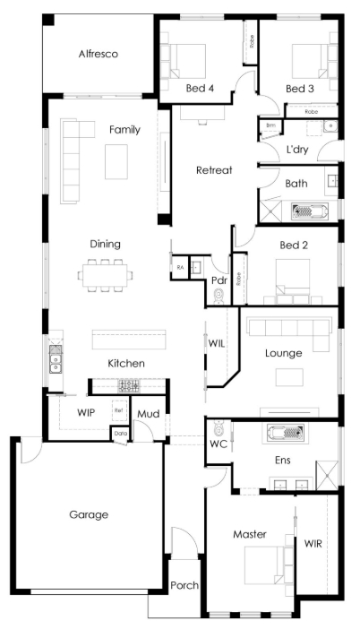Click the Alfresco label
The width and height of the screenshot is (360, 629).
click(x=98, y=54)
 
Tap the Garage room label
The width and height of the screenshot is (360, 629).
click(x=89, y=514)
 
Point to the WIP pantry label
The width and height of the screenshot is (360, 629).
click(x=86, y=413)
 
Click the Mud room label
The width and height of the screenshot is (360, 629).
click(x=148, y=415)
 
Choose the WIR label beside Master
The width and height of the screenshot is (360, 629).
click(x=313, y=543)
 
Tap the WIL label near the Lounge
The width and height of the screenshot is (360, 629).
click(x=216, y=344)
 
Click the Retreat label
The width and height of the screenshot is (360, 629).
click(x=215, y=169)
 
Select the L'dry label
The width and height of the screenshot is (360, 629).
click(x=297, y=150)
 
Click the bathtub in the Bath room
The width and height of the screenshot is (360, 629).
click(x=311, y=211)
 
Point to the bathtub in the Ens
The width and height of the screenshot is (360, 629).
click(x=286, y=434)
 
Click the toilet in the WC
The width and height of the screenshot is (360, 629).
click(x=217, y=429)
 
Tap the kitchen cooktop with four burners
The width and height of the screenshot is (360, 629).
click(x=129, y=386)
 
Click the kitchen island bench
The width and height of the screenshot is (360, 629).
click(x=129, y=339)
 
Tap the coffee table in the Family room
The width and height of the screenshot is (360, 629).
click(x=118, y=162)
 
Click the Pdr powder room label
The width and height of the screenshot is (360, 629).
click(x=218, y=280)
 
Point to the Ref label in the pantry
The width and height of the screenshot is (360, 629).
click(x=118, y=410)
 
